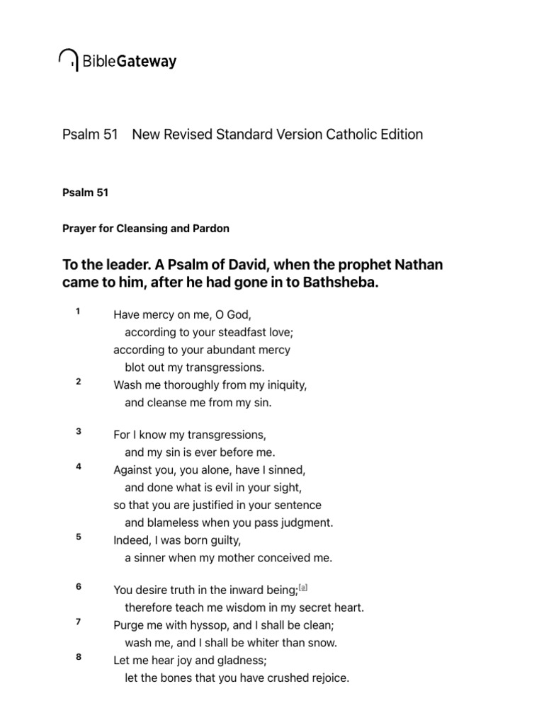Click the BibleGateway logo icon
(69, 60)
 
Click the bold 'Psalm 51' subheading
(85, 193)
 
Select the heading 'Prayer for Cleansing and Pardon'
(146, 229)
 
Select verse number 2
(79, 382)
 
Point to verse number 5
(79, 537)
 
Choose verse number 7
(79, 622)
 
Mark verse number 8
(79, 658)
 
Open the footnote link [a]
(303, 587)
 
